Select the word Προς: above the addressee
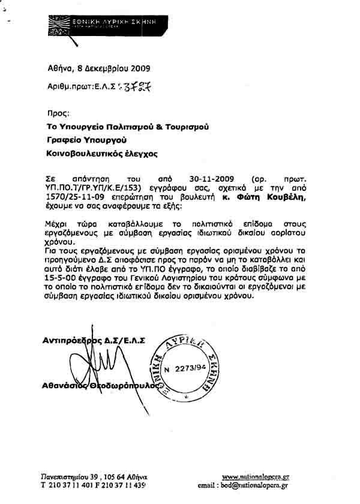[x=58, y=112]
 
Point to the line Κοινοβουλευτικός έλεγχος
[x=102, y=154]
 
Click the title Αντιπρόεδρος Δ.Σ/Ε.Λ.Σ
[x=95, y=340]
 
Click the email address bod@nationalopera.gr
[x=255, y=485]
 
